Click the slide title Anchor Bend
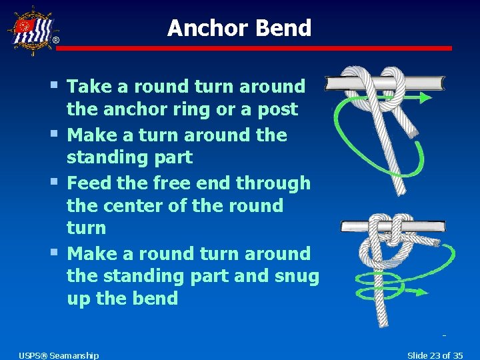pyautogui.click(x=239, y=28)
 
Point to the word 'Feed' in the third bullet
pyautogui.click(x=89, y=183)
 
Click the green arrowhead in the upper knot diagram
pyautogui.click(x=425, y=98)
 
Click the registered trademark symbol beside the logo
pyautogui.click(x=56, y=41)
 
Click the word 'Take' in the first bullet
pyautogui.click(x=89, y=86)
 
